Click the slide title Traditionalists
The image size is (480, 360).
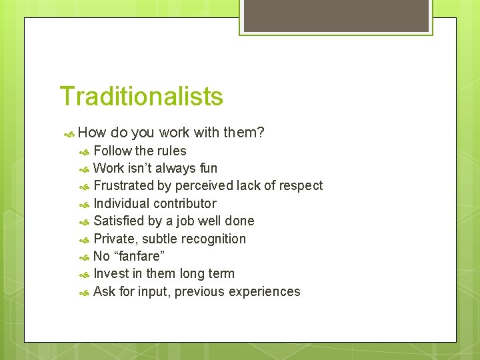point(141,97)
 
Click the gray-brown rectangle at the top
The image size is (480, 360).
point(335,15)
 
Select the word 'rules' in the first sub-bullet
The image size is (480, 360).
point(171,151)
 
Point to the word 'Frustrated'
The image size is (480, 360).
point(123,185)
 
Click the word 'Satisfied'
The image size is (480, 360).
point(120,221)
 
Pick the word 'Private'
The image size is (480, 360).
point(115,239)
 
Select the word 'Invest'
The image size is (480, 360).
point(111,273)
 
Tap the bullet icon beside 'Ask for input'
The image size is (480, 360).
point(84,292)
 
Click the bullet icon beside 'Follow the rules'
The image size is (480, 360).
point(84,151)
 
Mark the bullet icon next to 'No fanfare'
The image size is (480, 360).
point(84,257)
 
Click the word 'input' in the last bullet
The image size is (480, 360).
point(153,291)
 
